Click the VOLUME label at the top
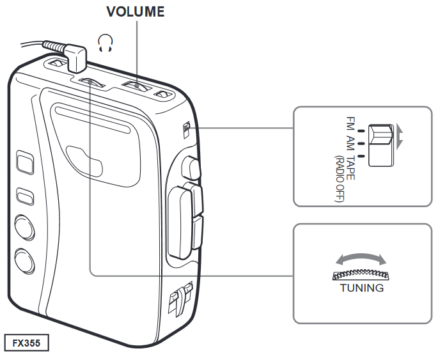135,12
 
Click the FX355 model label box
26,343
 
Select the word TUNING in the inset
362,288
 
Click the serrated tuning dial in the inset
362,274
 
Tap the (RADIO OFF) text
339,178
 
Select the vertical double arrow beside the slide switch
400,136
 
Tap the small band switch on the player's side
185,130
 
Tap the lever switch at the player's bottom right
179,297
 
